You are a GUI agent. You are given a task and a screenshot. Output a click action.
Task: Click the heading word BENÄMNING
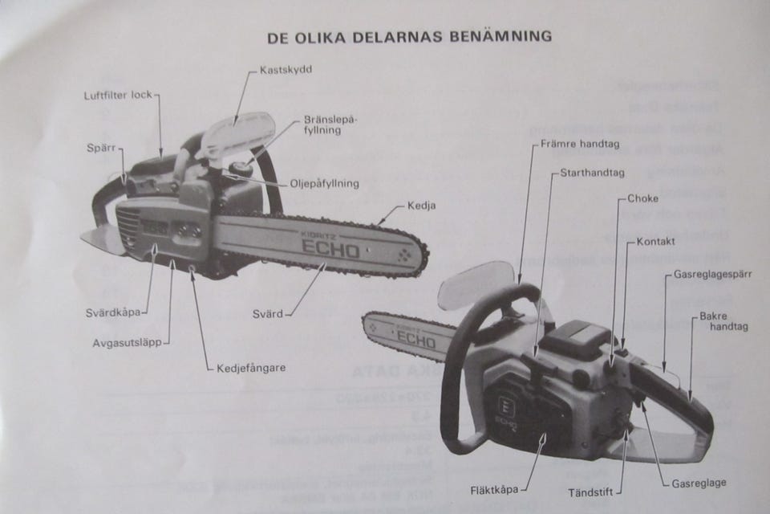pos(502,36)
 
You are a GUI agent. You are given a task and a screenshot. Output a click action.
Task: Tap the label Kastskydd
pos(286,70)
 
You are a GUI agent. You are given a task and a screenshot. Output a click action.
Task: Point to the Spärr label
pos(103,149)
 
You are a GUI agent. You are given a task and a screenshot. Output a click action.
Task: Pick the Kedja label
pos(421,205)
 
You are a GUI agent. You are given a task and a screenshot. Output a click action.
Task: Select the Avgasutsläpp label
pos(127,342)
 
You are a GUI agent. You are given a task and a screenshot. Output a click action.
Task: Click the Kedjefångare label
pos(251,368)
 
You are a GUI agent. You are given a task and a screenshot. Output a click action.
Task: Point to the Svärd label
pos(268,314)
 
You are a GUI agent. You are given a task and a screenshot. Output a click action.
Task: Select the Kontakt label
pos(656,241)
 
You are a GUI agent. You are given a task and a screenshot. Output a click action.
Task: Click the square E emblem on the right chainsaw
pos(506,401)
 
